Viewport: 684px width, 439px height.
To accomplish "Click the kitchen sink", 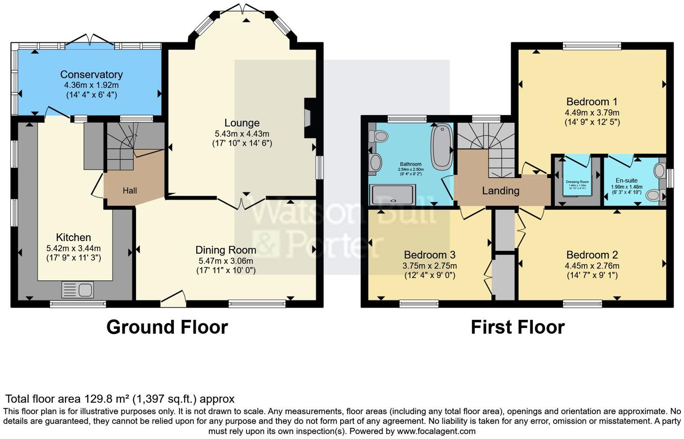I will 77,290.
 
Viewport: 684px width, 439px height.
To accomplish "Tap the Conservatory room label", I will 91,75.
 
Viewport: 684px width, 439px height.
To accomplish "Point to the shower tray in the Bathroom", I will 392,194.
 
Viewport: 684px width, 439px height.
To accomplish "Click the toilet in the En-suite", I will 653,195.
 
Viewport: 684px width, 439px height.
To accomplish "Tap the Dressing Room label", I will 577,182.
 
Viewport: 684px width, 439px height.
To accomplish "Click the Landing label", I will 500,191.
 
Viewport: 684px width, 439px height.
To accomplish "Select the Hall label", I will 130,191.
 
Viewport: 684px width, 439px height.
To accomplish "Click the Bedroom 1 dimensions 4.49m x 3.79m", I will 592,113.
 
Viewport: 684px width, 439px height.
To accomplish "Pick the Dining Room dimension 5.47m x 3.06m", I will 225,261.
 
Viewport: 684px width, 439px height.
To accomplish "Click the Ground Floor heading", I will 167,327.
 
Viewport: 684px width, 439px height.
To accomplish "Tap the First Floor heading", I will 517,327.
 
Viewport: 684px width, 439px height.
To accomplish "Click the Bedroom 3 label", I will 430,255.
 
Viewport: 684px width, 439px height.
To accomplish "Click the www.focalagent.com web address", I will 436,431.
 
